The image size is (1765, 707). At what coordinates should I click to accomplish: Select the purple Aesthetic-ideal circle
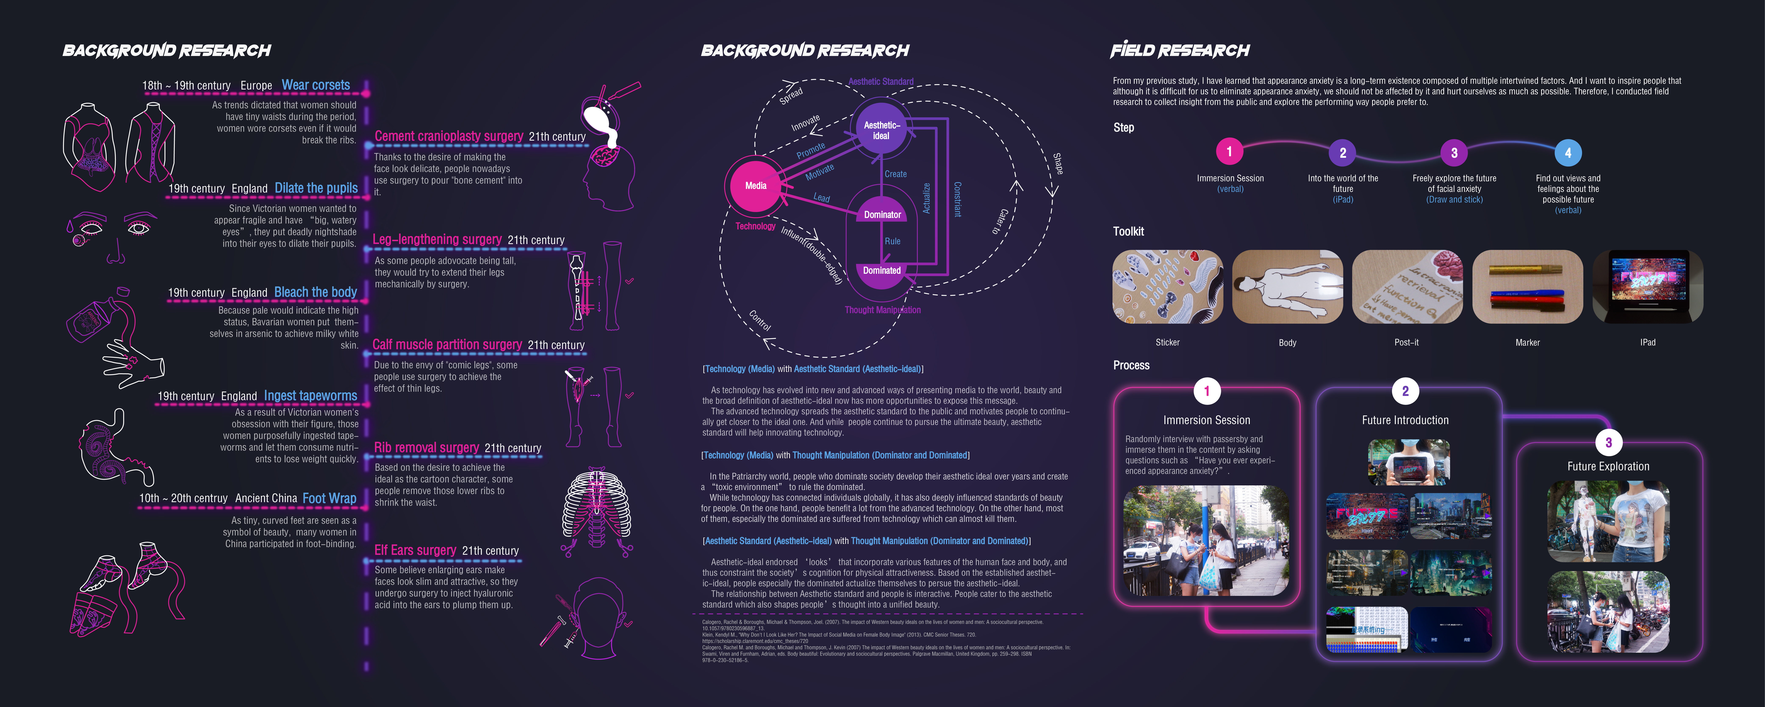[881, 130]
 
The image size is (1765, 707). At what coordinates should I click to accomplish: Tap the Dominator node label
[882, 215]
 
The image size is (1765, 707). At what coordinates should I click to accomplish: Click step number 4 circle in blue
[1568, 153]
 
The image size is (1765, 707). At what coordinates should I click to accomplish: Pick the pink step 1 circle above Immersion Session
[1229, 152]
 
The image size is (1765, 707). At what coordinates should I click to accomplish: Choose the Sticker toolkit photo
[1168, 287]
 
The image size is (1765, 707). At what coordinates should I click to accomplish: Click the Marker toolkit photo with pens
[1527, 287]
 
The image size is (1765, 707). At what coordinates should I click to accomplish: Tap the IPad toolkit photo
[1648, 287]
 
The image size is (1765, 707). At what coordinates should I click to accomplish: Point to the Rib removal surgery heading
[426, 448]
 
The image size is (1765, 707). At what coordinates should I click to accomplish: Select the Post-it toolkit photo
[1407, 287]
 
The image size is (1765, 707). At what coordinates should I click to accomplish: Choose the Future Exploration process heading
[1608, 466]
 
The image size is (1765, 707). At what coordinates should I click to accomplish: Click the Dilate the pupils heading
[316, 188]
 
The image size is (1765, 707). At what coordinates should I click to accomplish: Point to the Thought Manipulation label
[882, 310]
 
